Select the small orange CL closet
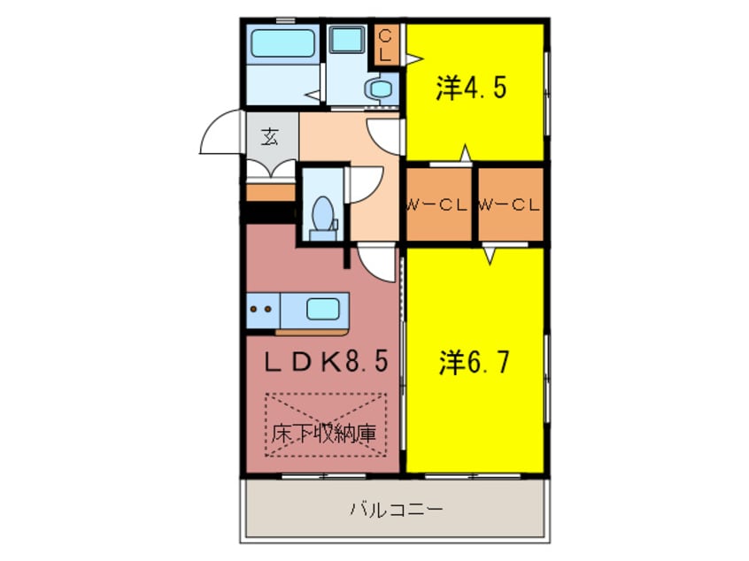[x=386, y=44]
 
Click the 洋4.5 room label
[x=471, y=88]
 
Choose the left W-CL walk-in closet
[x=438, y=204]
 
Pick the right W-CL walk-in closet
[x=510, y=204]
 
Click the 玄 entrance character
[x=269, y=137]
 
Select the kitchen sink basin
[x=322, y=310]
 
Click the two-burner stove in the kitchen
[x=262, y=310]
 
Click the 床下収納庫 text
[x=322, y=434]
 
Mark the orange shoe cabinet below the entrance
[x=269, y=192]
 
